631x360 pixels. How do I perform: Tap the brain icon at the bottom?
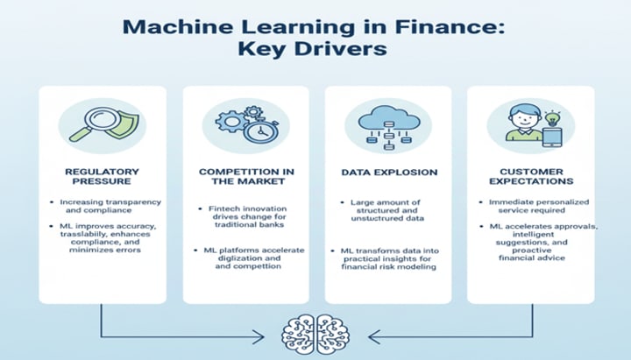pyautogui.click(x=315, y=333)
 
